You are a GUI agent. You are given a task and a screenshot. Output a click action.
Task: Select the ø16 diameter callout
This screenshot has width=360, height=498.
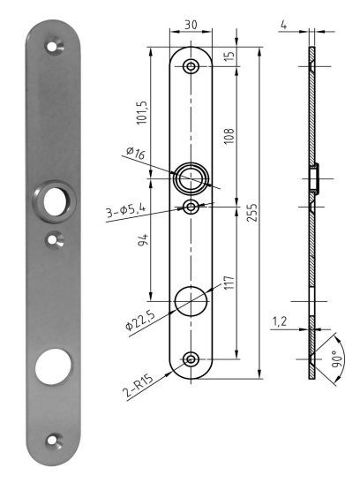click(135, 155)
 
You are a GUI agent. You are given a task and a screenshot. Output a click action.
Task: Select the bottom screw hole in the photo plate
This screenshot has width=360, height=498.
click(56, 438)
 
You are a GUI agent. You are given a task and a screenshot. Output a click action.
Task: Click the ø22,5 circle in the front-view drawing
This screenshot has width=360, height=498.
click(191, 301)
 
